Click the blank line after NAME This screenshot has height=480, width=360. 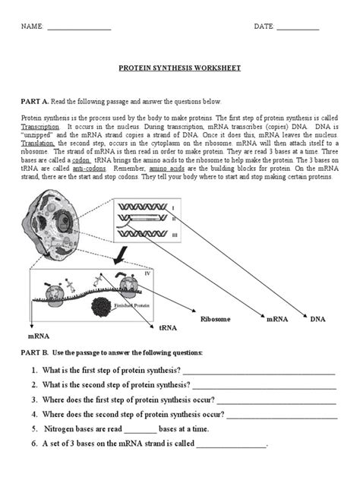click(x=79, y=28)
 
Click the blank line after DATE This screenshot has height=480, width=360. click(x=298, y=28)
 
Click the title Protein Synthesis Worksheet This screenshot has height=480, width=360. click(x=180, y=68)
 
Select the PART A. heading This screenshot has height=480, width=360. click(x=34, y=101)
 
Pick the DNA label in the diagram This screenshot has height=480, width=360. click(x=317, y=320)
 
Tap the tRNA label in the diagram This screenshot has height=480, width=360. click(x=167, y=327)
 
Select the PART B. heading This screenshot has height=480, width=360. click(x=34, y=353)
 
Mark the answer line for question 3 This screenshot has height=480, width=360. click(x=276, y=402)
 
